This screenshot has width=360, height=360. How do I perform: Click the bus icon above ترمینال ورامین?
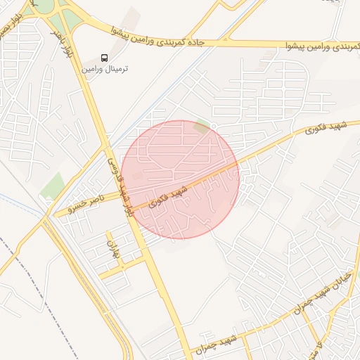pos(105,58)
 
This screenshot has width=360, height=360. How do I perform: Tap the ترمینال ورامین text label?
pos(105,70)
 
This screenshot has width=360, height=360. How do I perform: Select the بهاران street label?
pos(110,250)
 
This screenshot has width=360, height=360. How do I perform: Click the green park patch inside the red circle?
pos(202,127)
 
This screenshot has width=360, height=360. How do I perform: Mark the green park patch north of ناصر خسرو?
pos(52,186)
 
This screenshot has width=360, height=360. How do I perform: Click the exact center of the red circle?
pos(180,179)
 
